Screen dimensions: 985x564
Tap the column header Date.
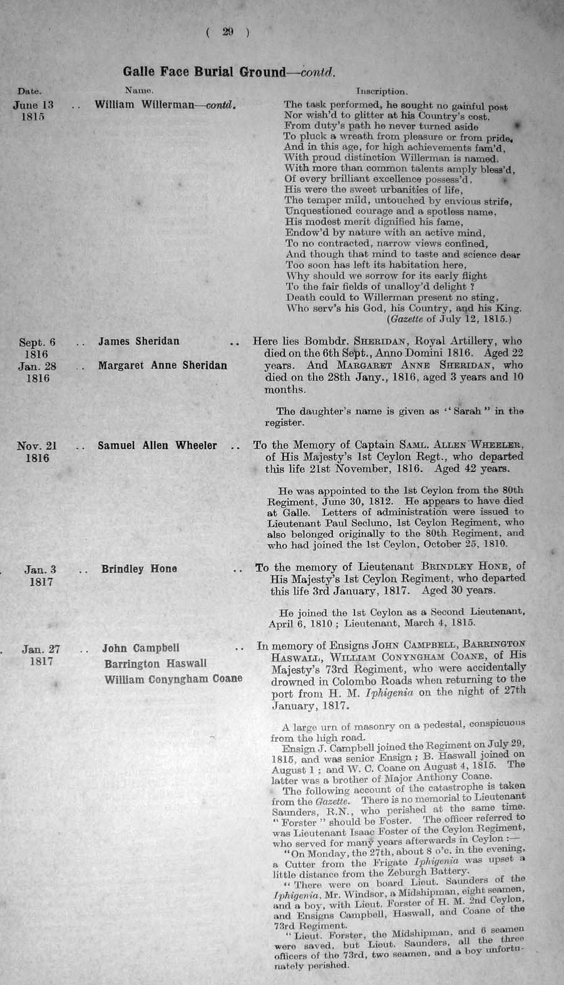pyautogui.click(x=29, y=92)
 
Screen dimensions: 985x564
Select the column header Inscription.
pyautogui.click(x=381, y=92)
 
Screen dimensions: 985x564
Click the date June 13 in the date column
pyautogui.click(x=33, y=105)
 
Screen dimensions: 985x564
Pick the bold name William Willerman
pyautogui.click(x=145, y=104)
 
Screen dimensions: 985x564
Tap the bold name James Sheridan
pyautogui.click(x=138, y=341)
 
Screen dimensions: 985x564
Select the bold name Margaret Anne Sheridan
pyautogui.click(x=162, y=365)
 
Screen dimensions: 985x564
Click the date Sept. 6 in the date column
pyautogui.click(x=37, y=341)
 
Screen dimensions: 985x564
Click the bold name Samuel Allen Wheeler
pyautogui.click(x=157, y=446)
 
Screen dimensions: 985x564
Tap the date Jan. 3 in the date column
pyautogui.click(x=40, y=569)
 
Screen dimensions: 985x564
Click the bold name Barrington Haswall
pyautogui.click(x=155, y=664)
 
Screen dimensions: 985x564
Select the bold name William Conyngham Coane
pyautogui.click(x=173, y=679)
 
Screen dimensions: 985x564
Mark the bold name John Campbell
pyautogui.click(x=141, y=648)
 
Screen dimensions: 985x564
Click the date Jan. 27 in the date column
pyautogui.click(x=41, y=649)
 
